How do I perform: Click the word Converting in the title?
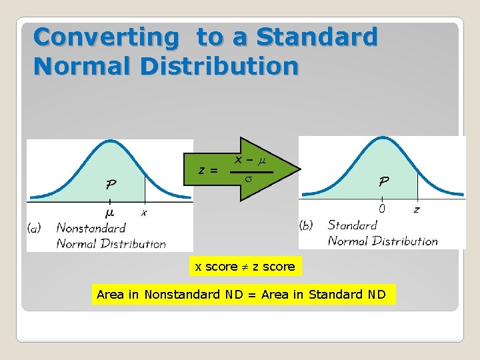106,37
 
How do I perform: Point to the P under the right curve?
385,181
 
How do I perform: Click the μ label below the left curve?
109,213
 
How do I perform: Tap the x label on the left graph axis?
144,213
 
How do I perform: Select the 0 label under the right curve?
382,209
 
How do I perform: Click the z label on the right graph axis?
417,209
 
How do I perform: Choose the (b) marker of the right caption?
307,225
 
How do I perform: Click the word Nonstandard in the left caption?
91,228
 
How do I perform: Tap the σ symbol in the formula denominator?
247,180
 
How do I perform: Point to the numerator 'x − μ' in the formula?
251,161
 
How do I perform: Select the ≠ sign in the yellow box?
245,267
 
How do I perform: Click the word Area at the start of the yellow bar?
110,294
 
